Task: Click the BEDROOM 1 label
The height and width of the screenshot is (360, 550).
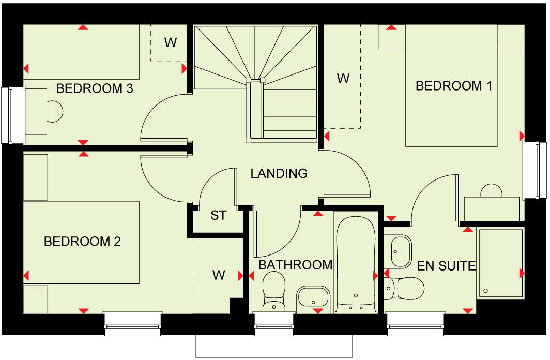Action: tap(453, 86)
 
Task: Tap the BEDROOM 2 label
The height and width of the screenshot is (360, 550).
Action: tap(82, 242)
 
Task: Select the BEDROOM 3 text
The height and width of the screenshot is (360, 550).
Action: tap(95, 88)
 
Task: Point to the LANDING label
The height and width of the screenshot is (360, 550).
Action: tap(279, 173)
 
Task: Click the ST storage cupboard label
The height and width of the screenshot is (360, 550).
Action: tap(219, 215)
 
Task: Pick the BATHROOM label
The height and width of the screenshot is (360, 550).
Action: tap(295, 265)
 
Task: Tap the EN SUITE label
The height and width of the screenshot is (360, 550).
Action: tap(446, 266)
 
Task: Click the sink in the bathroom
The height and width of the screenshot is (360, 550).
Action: tap(313, 297)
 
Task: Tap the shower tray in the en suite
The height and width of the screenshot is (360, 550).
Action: tap(500, 263)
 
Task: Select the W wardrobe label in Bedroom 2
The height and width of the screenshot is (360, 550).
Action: tap(219, 275)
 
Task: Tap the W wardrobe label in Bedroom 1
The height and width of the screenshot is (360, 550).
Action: tap(343, 79)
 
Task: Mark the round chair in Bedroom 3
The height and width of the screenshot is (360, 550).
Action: tap(54, 110)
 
